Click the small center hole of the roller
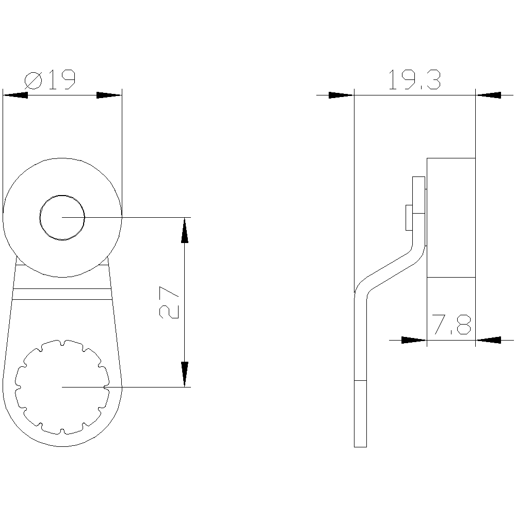click(62, 218)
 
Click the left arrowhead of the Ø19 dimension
click(15, 95)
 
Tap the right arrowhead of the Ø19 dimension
click(109, 95)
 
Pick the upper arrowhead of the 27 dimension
click(185, 230)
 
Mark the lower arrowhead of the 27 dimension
click(185, 374)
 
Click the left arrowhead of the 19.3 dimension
click(341, 95)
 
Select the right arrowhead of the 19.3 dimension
click(488, 95)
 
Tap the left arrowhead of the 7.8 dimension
click(414, 340)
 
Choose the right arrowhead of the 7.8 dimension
click(488, 340)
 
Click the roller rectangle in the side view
click(450, 217)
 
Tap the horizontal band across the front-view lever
click(62, 294)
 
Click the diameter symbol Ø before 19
click(34, 80)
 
